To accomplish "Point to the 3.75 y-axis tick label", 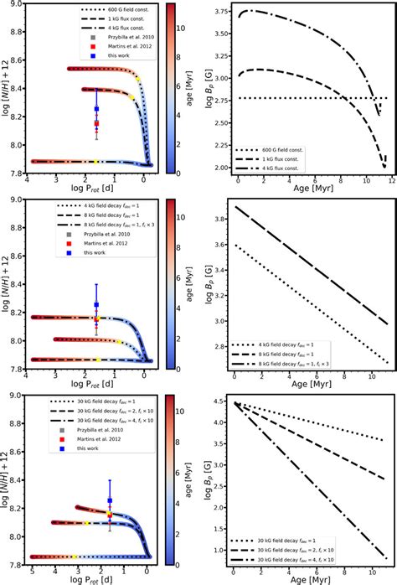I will pos(219,12).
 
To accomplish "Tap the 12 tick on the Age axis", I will pos(389,180).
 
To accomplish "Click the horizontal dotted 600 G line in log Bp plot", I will pos(302,98).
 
